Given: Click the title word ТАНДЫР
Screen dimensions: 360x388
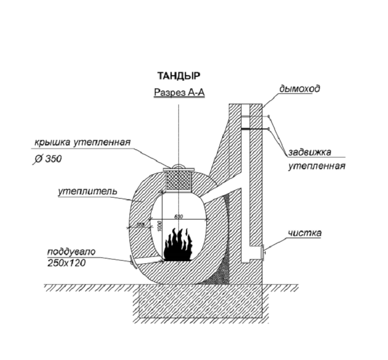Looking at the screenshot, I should [x=178, y=76].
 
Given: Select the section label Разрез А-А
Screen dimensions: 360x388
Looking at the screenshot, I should [x=179, y=93].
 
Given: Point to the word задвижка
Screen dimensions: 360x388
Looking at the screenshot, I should [x=310, y=153].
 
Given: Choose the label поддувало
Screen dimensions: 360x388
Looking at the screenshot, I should [x=71, y=252].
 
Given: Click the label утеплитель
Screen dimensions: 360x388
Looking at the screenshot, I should [x=87, y=192].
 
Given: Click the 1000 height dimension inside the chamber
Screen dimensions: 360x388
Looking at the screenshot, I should [x=158, y=226].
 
